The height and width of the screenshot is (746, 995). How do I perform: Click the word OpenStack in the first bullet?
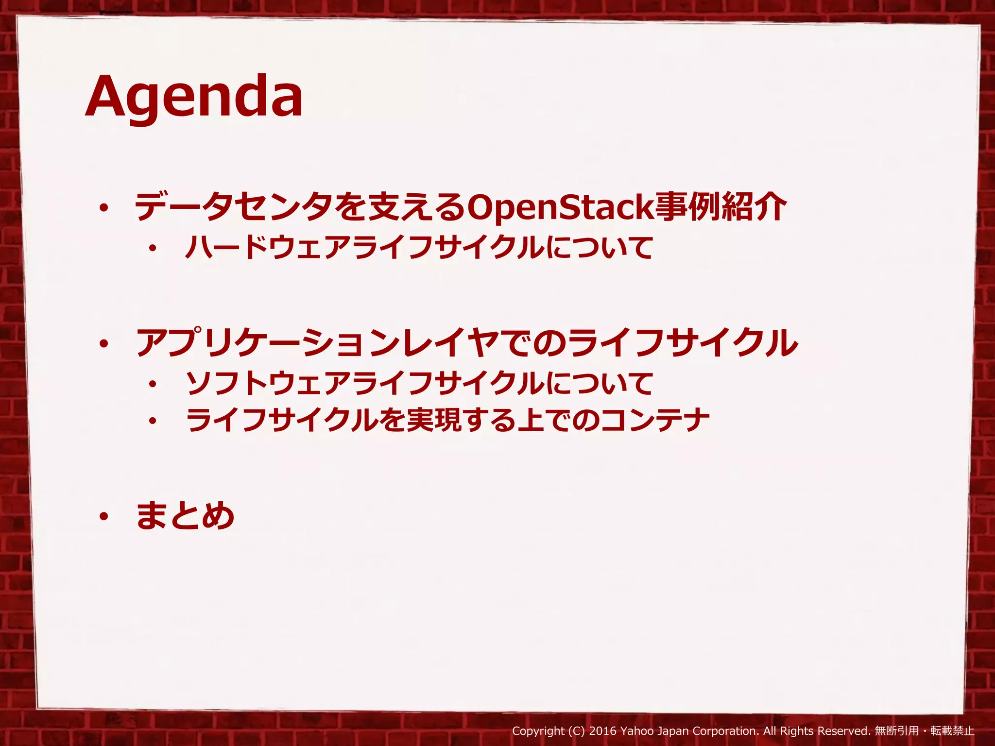pyautogui.click(x=560, y=208)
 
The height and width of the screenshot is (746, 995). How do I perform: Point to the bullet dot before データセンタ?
pyautogui.click(x=103, y=209)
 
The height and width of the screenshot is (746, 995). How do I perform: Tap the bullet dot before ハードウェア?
pyautogui.click(x=153, y=249)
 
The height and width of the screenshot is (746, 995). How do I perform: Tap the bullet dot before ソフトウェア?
pyautogui.click(x=153, y=384)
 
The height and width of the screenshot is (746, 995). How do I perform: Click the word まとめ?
pyautogui.click(x=186, y=516)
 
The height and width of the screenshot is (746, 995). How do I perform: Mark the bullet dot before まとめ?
pyautogui.click(x=103, y=517)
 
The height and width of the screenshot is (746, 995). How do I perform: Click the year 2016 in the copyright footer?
pyautogui.click(x=603, y=731)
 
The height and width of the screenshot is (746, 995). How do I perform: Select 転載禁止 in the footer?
pyautogui.click(x=953, y=731)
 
